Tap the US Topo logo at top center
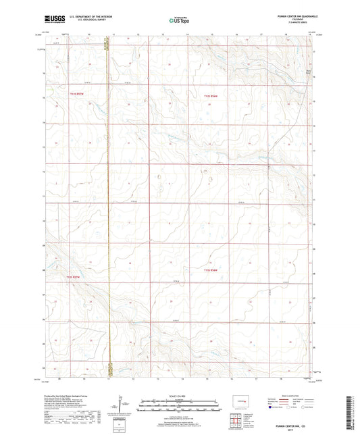178,21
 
